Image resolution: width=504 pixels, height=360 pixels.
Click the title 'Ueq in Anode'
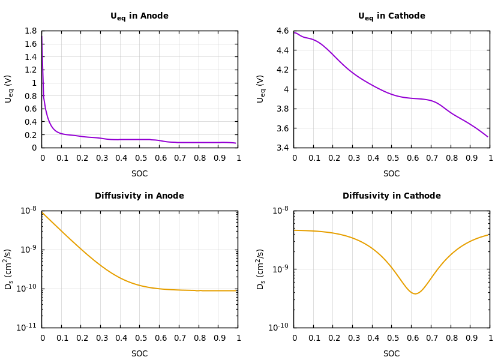[x=139, y=16]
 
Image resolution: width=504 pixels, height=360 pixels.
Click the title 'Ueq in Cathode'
[x=391, y=16]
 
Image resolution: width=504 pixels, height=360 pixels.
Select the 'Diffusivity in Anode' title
[x=139, y=196]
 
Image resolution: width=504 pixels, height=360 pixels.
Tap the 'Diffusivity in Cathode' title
[x=391, y=196]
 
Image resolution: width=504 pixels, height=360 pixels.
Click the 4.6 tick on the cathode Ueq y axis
[x=282, y=31]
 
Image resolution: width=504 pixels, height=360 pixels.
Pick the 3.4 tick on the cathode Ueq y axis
[x=282, y=148]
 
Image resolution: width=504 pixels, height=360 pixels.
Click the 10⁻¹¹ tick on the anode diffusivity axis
[x=28, y=327]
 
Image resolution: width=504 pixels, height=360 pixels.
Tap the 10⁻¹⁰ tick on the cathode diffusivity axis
[x=280, y=327]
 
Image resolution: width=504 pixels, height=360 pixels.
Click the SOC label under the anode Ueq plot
[x=139, y=174]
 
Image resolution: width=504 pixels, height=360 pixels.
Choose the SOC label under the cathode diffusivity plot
[x=391, y=354]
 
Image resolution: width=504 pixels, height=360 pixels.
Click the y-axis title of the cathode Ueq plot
[x=261, y=89]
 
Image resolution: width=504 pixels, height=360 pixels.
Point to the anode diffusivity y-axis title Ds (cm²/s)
[x=9, y=269]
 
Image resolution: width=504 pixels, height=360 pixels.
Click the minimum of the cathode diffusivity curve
[x=415, y=293]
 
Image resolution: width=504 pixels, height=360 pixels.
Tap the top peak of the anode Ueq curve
[x=42, y=35]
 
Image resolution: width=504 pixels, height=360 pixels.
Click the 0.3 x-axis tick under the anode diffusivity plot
[x=100, y=338]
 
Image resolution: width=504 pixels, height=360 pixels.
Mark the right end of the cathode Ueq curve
[x=488, y=137]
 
